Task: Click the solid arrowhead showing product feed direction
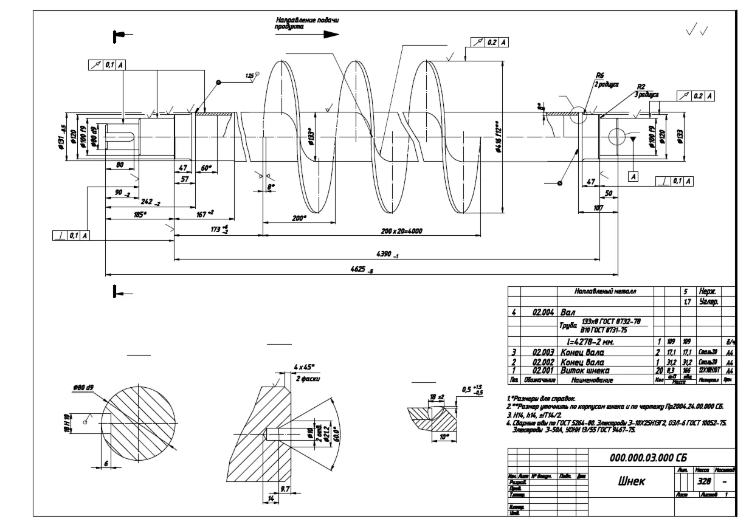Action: (330, 35)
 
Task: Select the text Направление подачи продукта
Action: (307, 23)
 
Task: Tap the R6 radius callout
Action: (600, 75)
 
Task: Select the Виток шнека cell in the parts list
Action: (591, 370)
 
